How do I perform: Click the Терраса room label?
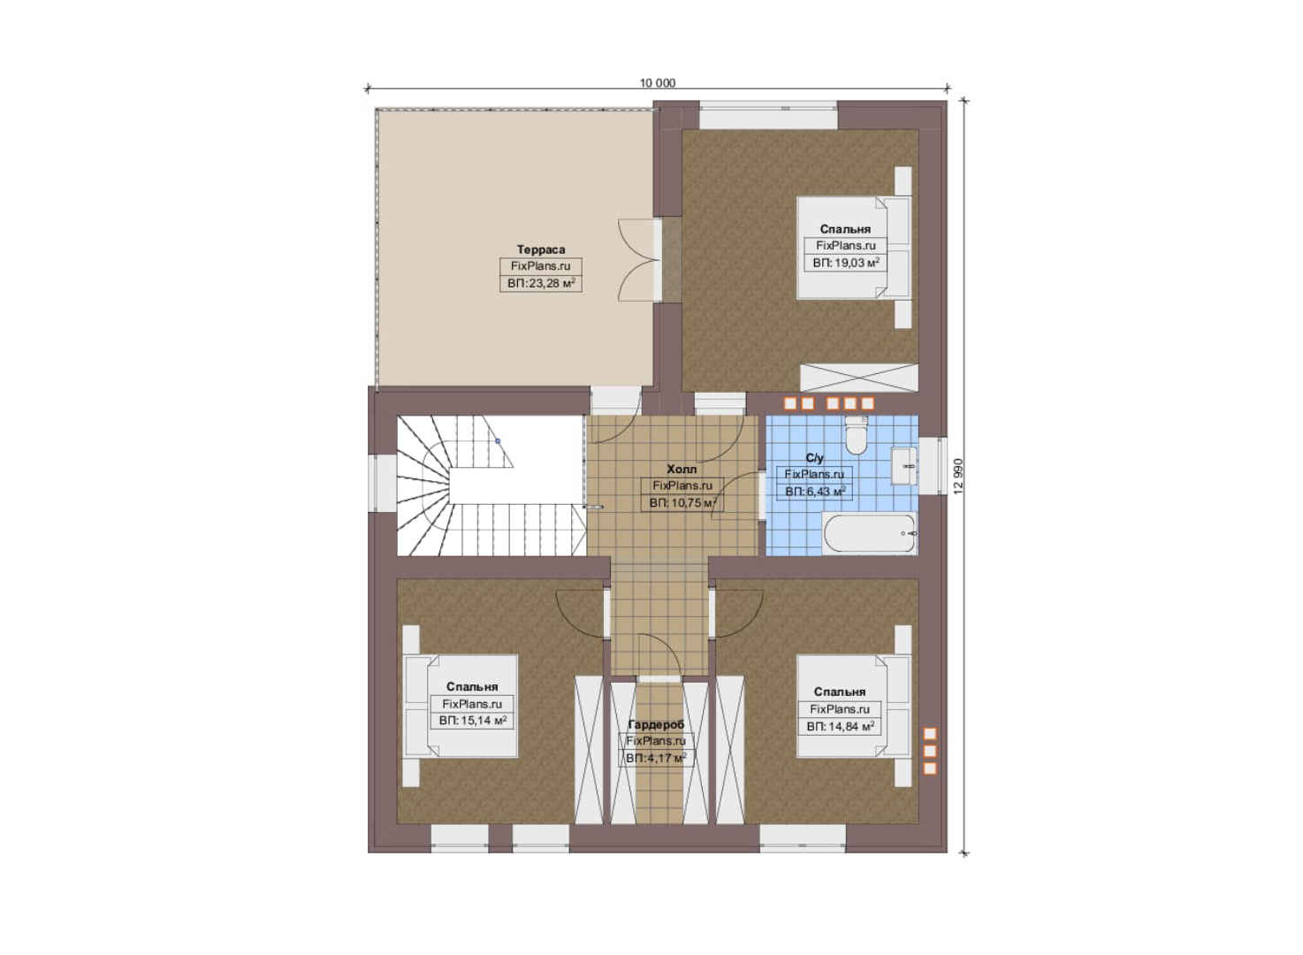541,249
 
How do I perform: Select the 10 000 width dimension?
658,83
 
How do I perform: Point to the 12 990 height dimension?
959,477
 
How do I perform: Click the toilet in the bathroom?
857,436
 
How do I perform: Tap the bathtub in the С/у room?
870,534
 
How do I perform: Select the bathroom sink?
904,466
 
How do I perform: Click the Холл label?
682,469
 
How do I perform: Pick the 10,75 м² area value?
682,503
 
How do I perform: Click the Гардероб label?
656,724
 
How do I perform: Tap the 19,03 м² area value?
846,263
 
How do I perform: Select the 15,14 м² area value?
472,721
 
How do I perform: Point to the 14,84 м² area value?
840,726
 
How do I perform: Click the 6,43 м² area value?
815,492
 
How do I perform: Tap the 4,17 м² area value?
656,759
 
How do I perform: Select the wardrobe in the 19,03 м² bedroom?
859,378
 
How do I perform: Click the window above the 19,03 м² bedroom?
768,115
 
